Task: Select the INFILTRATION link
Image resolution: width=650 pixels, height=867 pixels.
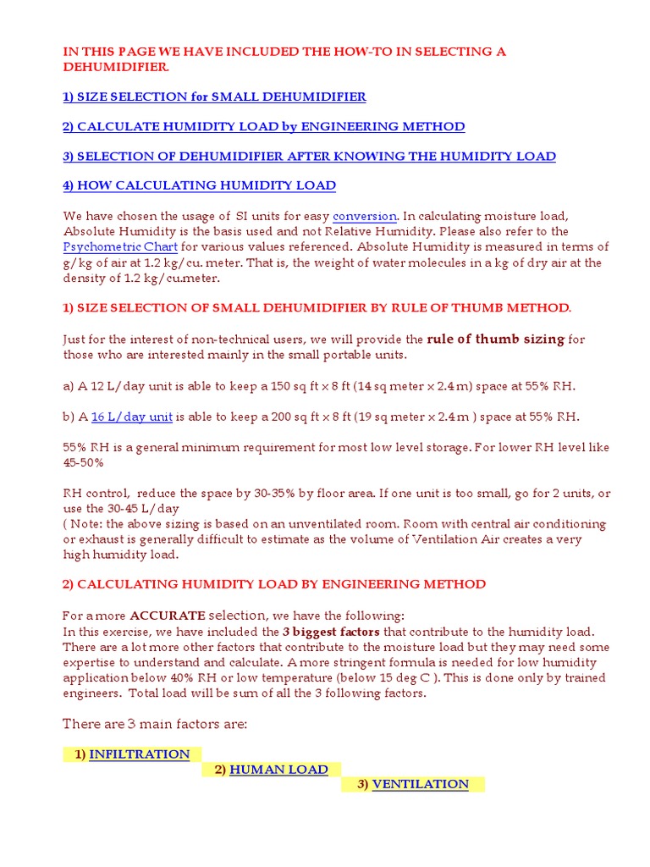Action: coord(139,754)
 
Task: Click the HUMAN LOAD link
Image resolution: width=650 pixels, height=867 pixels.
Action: coord(278,770)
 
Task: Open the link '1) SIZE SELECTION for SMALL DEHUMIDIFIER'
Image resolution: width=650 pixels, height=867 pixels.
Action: coord(214,97)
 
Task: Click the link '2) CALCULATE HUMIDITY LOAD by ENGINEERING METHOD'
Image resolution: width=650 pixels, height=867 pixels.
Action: coord(264,126)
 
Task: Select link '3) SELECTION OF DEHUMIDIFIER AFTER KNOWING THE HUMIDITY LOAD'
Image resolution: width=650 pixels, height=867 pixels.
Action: coord(309,156)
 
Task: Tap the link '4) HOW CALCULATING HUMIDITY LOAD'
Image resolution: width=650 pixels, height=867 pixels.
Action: coord(199,185)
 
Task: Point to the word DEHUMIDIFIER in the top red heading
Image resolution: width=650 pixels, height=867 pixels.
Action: coord(116,67)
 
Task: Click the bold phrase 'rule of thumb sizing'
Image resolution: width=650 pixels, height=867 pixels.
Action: coord(495,339)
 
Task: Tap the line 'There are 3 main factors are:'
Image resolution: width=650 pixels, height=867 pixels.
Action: coord(155,724)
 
